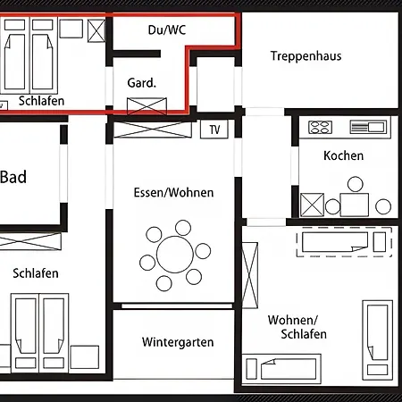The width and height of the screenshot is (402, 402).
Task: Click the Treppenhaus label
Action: point(306,56)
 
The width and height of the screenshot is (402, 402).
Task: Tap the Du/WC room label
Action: point(167,29)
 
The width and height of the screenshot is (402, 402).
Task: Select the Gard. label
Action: point(142,83)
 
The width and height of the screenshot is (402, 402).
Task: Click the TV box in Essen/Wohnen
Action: point(214,130)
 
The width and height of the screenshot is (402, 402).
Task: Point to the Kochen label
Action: point(343,155)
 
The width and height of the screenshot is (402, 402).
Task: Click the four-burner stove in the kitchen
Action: point(320,127)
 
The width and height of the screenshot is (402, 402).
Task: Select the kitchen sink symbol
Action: point(368,127)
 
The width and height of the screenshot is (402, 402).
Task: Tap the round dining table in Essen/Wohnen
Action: point(175,255)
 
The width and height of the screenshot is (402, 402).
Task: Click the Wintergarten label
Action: point(178,342)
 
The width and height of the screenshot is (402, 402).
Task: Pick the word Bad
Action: point(13,177)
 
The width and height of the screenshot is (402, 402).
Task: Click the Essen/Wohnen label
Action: point(173,193)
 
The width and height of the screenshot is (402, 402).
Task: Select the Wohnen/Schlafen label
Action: point(297,327)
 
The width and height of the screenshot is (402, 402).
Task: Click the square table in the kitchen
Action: point(355,205)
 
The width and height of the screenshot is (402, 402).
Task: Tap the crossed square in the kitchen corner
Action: point(312,205)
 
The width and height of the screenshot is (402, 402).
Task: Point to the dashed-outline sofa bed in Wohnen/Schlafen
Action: point(344,242)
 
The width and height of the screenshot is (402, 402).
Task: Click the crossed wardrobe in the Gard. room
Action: point(147,106)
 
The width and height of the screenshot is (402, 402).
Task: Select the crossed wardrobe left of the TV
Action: point(153,130)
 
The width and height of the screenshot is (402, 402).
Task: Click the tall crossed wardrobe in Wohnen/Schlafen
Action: point(250,275)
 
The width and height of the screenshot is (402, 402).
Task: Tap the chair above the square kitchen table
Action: point(356,184)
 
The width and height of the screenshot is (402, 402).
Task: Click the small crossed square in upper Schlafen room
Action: point(96,30)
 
